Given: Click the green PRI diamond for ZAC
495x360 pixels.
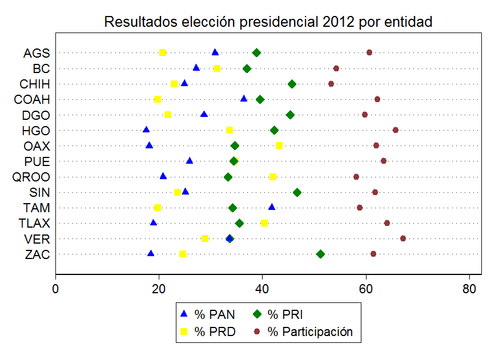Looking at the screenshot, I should click(320, 254).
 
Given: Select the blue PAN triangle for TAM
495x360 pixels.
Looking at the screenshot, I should click(272, 207).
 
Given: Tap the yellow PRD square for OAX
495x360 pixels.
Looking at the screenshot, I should click(279, 145).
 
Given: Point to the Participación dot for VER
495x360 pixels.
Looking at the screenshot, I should click(403, 238).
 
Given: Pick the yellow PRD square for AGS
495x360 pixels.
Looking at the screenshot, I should click(163, 52).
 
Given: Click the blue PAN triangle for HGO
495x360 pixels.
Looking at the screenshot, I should click(146, 130).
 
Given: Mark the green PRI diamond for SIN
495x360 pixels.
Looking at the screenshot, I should click(297, 192).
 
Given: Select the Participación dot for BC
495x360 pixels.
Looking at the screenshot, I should click(336, 68).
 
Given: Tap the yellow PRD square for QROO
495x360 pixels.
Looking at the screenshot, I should click(273, 177).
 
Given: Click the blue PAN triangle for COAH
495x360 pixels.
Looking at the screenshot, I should click(244, 99).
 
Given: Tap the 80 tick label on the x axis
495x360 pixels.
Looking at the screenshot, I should click(469, 289).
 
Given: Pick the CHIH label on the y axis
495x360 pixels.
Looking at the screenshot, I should click(35, 84).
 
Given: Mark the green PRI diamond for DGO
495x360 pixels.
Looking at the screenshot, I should click(290, 115).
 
